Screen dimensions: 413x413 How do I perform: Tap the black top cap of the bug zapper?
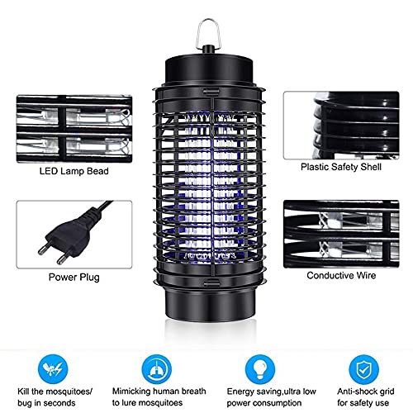click(x=209, y=68)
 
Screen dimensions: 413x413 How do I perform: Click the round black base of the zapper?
click(x=210, y=305)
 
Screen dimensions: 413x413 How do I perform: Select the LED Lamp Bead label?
click(x=74, y=171)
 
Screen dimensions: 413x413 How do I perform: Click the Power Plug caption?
click(x=74, y=277)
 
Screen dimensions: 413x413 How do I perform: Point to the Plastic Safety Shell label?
click(x=341, y=167)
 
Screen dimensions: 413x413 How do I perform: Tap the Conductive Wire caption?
click(x=341, y=275)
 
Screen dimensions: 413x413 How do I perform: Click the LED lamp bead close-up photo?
click(x=74, y=129)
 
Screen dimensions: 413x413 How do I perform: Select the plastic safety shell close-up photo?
click(x=341, y=126)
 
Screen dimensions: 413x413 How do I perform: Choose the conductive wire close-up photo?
click(x=341, y=234)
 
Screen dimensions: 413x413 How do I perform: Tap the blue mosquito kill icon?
click(x=53, y=369)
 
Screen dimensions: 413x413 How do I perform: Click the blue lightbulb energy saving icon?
click(x=260, y=369)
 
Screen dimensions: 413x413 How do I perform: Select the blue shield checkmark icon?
click(x=363, y=369)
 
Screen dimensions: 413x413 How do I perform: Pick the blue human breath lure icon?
click(x=156, y=369)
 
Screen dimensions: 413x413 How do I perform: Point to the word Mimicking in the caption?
click(x=131, y=392)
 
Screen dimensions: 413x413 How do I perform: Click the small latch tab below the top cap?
click(x=211, y=91)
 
